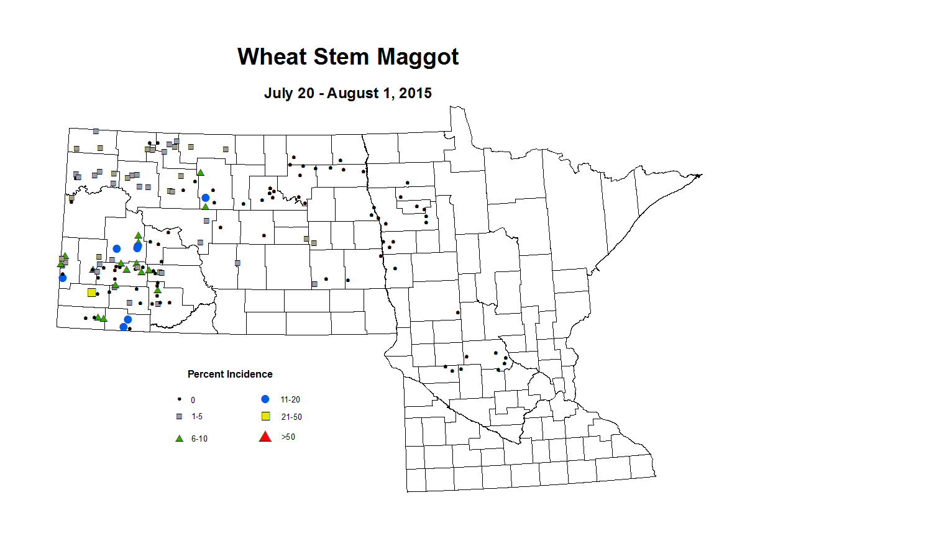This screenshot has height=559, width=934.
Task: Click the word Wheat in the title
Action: point(272,57)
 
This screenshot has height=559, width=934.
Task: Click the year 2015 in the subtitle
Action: point(415,93)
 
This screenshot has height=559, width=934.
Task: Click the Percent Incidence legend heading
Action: point(230,375)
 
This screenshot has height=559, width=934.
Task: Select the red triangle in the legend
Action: point(265,437)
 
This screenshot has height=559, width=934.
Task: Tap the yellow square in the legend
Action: point(265,416)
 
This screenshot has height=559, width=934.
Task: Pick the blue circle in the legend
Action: point(265,399)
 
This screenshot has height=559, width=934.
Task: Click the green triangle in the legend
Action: point(180,438)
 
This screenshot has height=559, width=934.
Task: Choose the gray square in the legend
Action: point(180,416)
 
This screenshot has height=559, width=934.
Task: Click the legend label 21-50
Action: point(291,417)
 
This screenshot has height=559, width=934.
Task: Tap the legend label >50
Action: point(288,437)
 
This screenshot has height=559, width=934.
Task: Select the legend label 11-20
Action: point(290,400)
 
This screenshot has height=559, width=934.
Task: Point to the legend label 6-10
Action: point(199,439)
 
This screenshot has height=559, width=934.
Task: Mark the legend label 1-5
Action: point(197,416)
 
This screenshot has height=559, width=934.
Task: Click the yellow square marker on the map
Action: point(92,293)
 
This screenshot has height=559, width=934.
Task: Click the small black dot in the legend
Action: point(180,399)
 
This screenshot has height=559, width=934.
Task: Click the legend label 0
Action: point(193,400)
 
